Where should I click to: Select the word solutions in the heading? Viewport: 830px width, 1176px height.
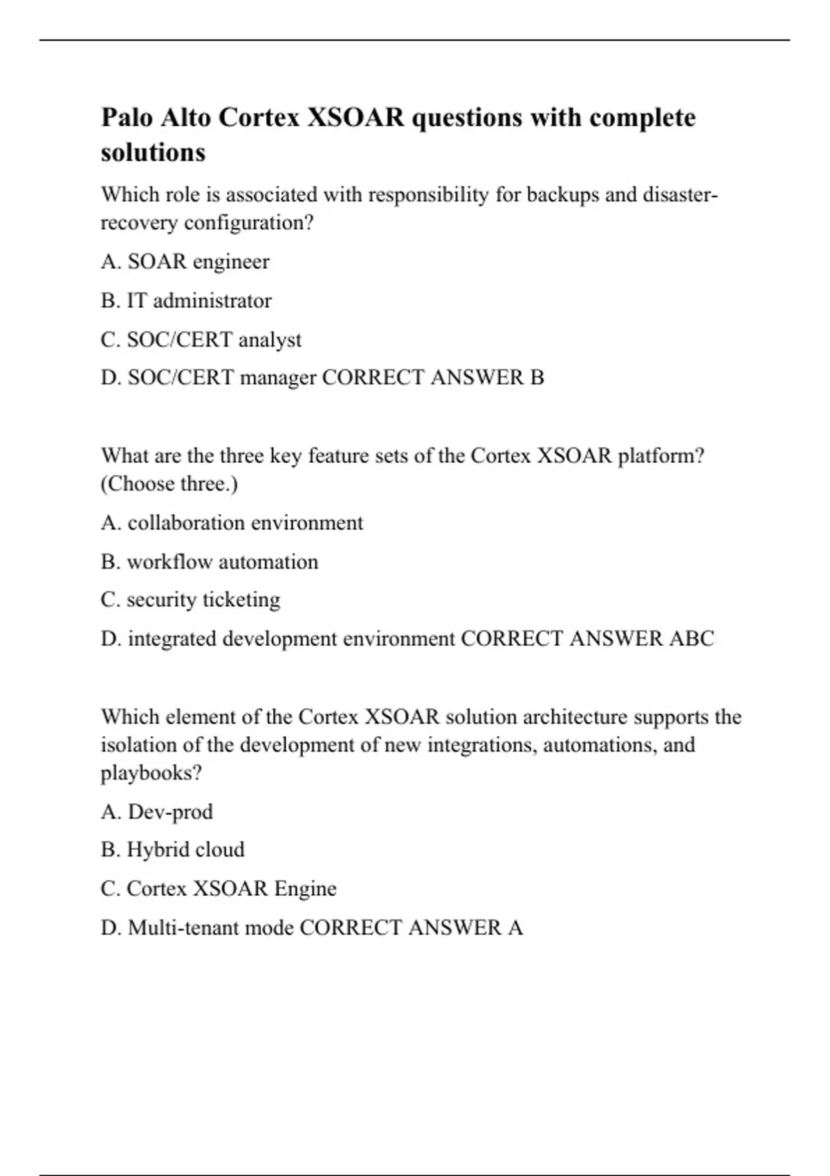(153, 152)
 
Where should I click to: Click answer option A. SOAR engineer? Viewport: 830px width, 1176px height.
(185, 261)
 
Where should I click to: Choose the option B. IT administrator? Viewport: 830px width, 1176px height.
(186, 300)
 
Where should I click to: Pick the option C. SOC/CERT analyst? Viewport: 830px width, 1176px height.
(201, 340)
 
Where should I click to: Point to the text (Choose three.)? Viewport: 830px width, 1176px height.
(169, 484)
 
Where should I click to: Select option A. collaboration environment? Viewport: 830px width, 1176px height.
(232, 522)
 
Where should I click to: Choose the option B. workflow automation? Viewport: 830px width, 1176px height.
(209, 562)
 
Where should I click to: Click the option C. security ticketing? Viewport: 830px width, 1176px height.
(190, 600)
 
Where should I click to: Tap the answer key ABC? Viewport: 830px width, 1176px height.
(691, 638)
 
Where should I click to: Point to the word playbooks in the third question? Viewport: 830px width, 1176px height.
(151, 773)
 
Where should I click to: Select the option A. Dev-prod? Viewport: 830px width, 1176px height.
(156, 811)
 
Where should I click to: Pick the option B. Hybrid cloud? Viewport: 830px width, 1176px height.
(172, 849)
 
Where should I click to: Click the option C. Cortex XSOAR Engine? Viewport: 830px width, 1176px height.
(219, 888)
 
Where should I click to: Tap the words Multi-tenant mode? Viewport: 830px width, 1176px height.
(211, 927)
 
